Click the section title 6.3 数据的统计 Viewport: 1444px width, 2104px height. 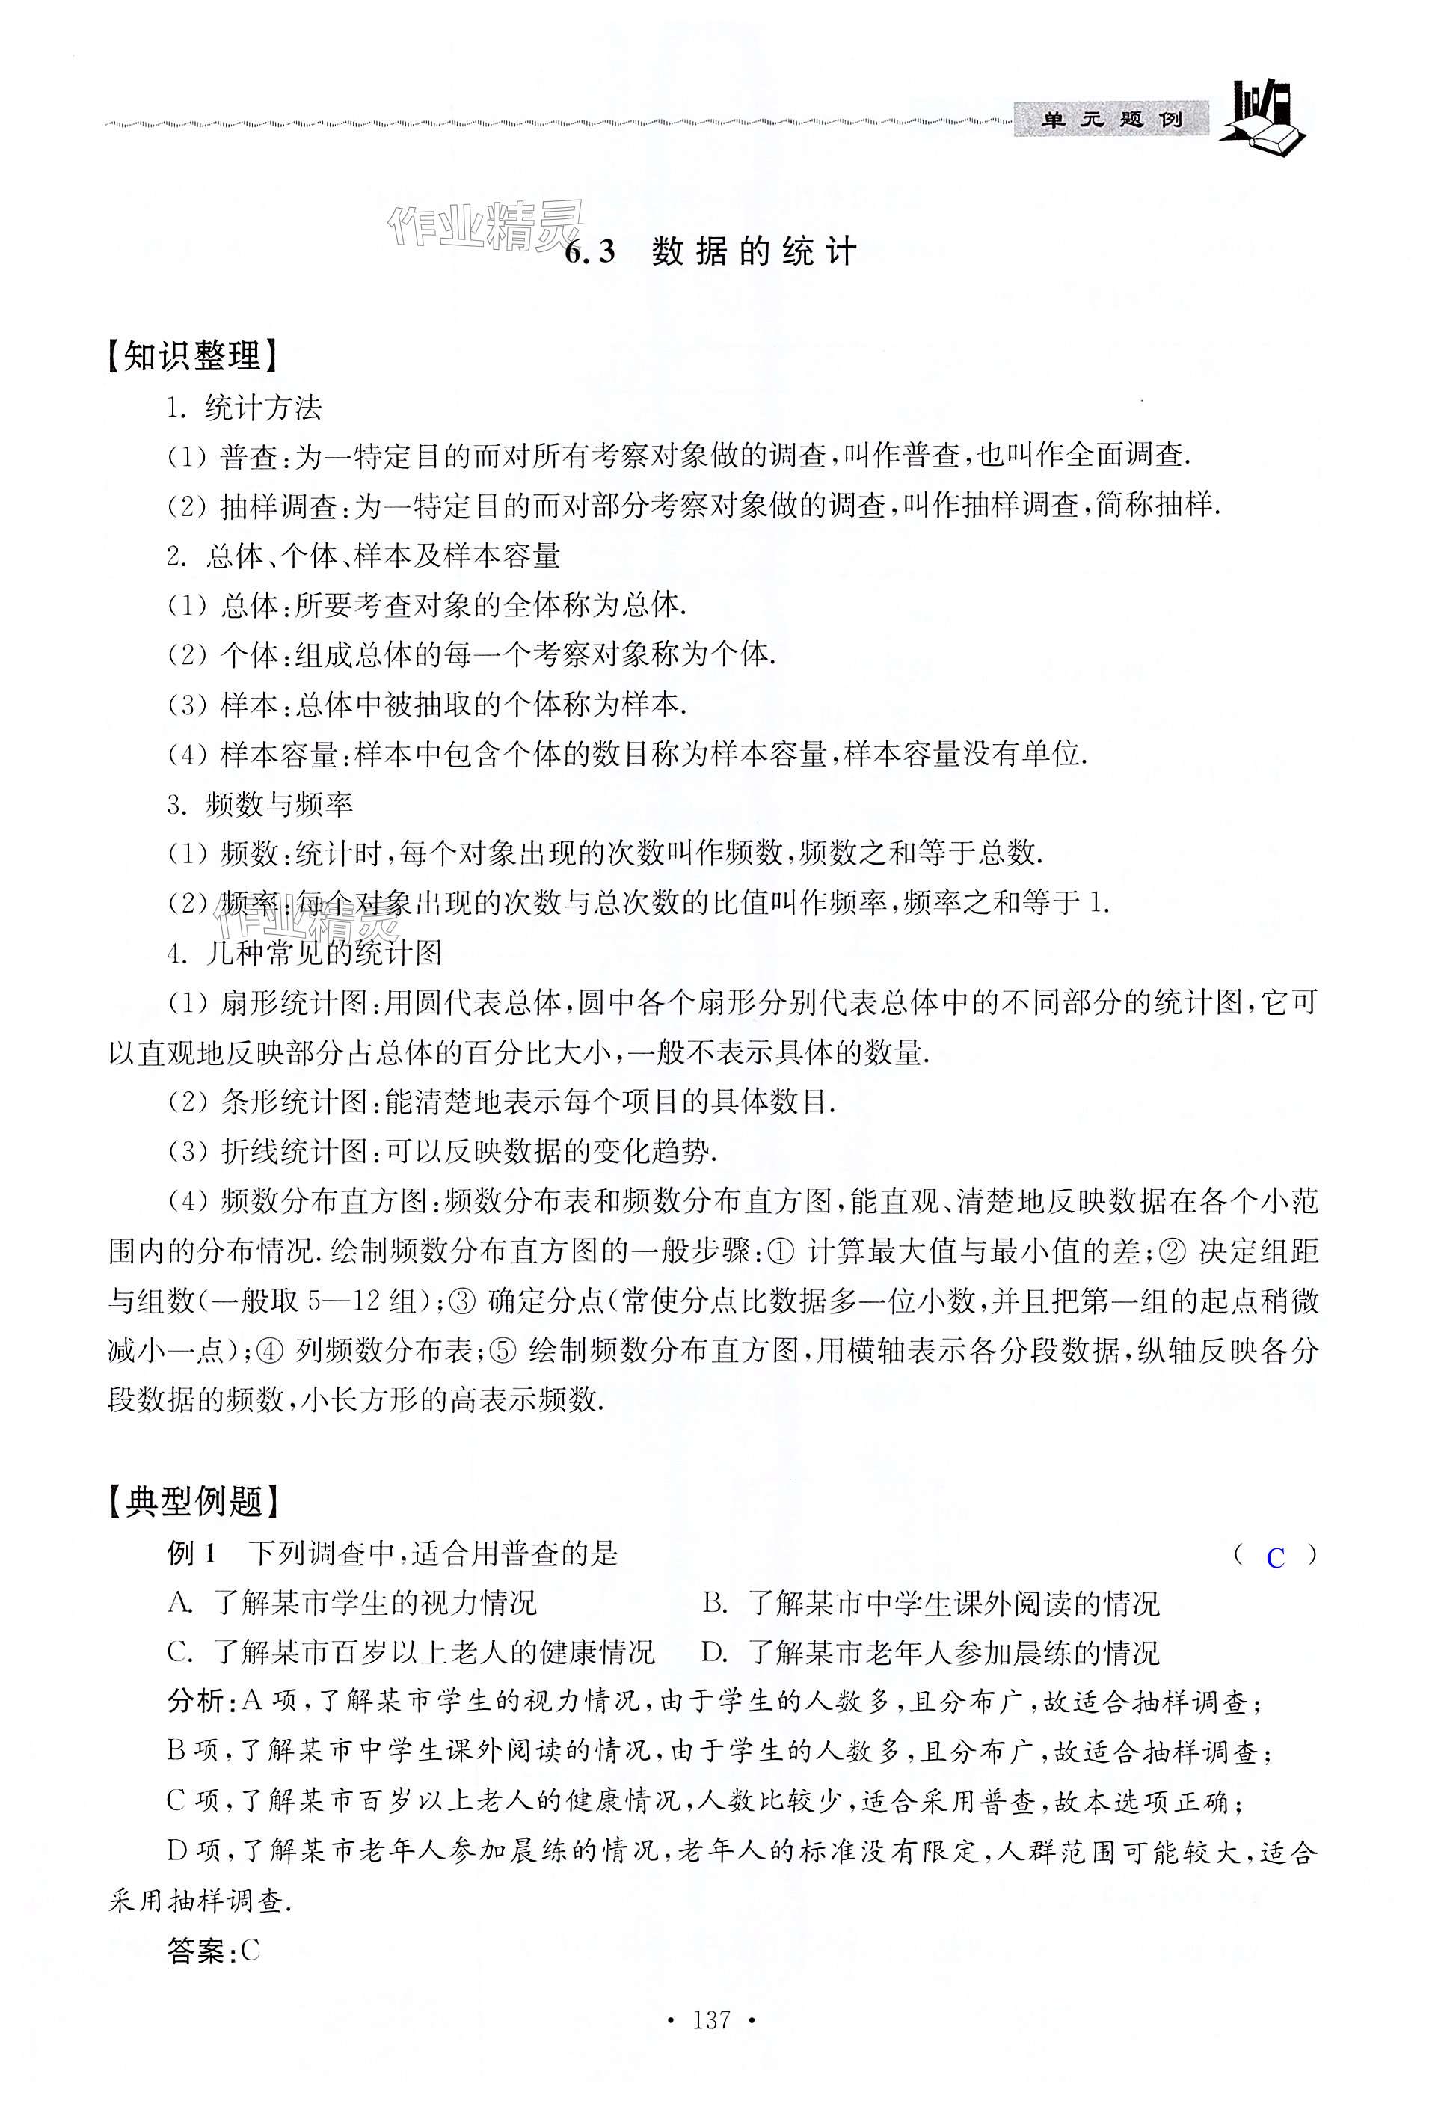[710, 251]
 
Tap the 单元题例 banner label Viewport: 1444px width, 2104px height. [1110, 120]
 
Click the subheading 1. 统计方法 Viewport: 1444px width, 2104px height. [245, 408]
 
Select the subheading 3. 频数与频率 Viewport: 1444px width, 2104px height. [259, 804]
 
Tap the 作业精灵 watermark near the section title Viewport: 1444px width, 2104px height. [485, 224]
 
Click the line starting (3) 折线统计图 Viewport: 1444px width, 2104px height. [443, 1152]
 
